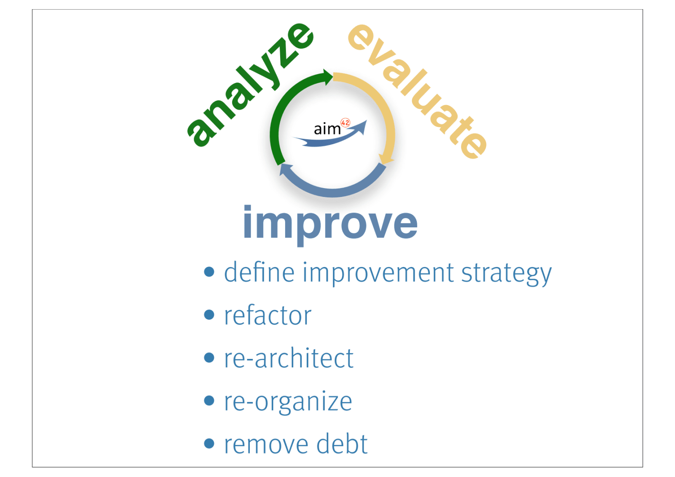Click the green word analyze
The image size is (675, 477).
tap(250, 85)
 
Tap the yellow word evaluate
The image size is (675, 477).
tap(417, 91)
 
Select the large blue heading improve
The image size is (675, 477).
tap(330, 225)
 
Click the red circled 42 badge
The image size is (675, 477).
tap(346, 123)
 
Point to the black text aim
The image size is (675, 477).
tap(327, 129)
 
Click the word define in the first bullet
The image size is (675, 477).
tap(259, 272)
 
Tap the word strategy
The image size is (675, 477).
tap(507, 274)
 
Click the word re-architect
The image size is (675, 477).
tap(289, 358)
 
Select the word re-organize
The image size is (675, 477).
tap(288, 402)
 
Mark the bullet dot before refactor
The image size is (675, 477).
tap(209, 315)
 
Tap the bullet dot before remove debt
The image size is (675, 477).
tap(209, 443)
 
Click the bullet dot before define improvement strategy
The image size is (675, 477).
tap(209, 272)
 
